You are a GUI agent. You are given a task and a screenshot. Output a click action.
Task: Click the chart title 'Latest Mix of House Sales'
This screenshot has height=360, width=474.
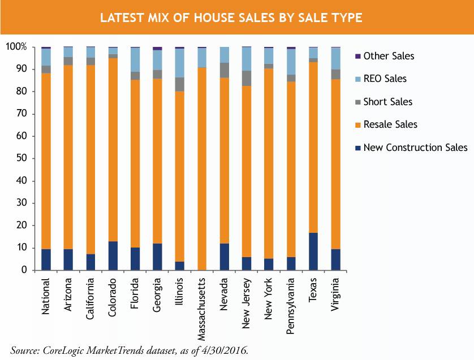231,18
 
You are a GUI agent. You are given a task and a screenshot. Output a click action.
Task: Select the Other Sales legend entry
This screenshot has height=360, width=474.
389,56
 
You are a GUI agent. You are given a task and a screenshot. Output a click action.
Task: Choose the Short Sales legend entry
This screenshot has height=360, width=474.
387,102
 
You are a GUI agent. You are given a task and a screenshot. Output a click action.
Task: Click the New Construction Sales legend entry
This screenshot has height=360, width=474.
415,148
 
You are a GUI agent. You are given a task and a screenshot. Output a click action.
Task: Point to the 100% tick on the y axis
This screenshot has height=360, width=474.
16,47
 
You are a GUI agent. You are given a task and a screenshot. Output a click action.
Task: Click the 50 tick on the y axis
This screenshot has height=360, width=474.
21,158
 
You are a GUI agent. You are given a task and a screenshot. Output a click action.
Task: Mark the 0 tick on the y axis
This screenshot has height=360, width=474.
24,270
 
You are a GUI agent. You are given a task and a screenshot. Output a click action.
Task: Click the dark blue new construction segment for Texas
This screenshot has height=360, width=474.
313,251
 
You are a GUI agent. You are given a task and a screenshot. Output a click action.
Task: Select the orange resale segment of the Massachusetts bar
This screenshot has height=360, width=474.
201,170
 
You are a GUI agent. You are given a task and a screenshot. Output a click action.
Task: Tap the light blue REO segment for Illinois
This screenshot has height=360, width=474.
179,63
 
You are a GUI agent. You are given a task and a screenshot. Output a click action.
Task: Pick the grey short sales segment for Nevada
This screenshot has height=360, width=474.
224,70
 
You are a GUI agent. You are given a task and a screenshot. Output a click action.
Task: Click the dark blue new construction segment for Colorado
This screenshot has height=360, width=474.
113,255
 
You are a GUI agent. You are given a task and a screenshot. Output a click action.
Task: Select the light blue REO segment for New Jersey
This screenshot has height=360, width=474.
246,59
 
